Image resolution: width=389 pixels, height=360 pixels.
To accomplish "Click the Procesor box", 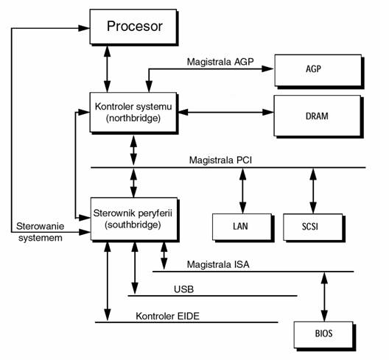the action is pyautogui.click(x=133, y=27).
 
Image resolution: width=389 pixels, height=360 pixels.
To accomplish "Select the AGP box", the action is pyautogui.click(x=318, y=71).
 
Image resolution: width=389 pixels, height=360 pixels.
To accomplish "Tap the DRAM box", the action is pyautogui.click(x=318, y=116).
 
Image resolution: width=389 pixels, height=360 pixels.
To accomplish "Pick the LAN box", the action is pyautogui.click(x=242, y=227).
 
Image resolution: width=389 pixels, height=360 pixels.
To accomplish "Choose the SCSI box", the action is pyautogui.click(x=314, y=227).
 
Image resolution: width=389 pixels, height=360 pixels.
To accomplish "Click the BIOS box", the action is pyautogui.click(x=324, y=336).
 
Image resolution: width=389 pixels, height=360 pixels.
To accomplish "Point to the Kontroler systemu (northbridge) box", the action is pyautogui.click(x=133, y=113).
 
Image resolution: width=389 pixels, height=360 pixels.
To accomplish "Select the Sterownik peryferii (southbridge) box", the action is pyautogui.click(x=134, y=219).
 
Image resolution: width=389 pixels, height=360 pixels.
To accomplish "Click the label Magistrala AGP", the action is pyautogui.click(x=220, y=62).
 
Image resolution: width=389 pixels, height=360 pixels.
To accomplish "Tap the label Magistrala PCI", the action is pyautogui.click(x=220, y=160).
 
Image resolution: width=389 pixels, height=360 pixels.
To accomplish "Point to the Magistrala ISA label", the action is pyautogui.click(x=218, y=264).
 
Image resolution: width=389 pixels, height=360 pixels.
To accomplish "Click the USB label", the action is pyautogui.click(x=183, y=289).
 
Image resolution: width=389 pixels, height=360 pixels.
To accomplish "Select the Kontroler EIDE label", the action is pyautogui.click(x=167, y=316).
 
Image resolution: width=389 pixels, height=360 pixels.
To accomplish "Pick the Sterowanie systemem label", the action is pyautogui.click(x=41, y=232).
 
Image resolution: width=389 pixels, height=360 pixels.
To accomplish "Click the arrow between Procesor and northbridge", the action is pyautogui.click(x=107, y=69).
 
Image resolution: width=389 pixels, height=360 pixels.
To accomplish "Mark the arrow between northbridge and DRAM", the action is pyautogui.click(x=226, y=112).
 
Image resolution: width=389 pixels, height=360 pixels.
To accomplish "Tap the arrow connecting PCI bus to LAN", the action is pyautogui.click(x=242, y=191).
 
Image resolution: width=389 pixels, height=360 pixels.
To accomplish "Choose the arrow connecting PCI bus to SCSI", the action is pyautogui.click(x=313, y=191).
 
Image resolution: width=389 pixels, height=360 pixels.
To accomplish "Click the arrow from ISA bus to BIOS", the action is pyautogui.click(x=324, y=297).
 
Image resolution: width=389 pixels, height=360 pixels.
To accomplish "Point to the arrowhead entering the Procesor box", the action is pyautogui.click(x=84, y=28).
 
